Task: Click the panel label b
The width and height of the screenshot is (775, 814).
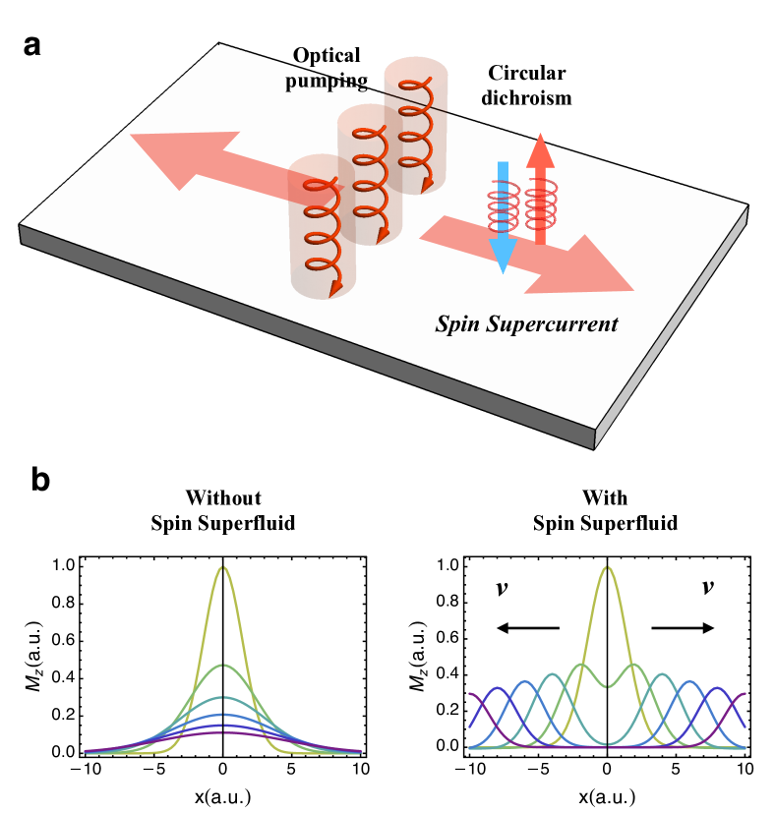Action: coord(41,480)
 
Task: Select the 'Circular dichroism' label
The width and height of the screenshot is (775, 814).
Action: coord(527,86)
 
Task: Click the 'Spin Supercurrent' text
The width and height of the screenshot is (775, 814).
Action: coord(527,323)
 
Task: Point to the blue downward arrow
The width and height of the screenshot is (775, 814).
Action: coord(503,216)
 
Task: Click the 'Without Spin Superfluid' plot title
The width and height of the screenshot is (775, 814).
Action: coord(223,510)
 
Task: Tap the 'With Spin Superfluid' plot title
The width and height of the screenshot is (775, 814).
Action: coord(605,510)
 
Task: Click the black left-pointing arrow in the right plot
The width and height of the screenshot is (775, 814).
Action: coord(526,628)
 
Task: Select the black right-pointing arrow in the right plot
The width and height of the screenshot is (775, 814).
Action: coord(683,628)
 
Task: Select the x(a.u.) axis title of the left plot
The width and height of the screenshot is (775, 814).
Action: coord(223,792)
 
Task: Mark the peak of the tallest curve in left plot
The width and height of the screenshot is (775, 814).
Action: coord(223,567)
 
